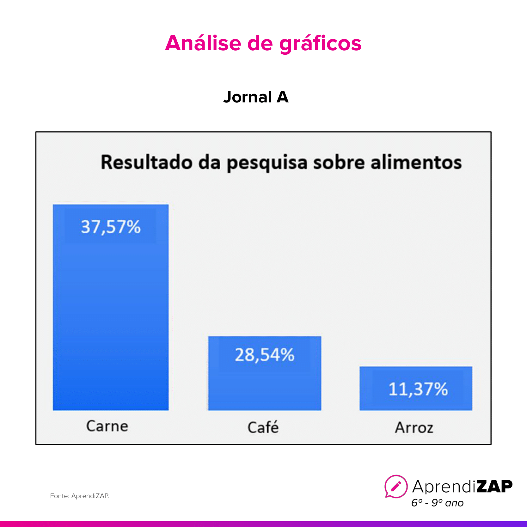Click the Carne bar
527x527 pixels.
(x=111, y=316)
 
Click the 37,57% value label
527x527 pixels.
(x=111, y=227)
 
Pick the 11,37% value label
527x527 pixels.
(x=418, y=389)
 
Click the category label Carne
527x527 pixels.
(x=107, y=426)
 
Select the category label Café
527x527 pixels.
(x=263, y=427)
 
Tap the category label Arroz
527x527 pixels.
(x=414, y=428)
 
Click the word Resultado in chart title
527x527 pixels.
(x=146, y=162)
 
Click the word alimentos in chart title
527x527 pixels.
(x=416, y=162)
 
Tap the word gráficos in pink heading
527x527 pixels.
(x=320, y=44)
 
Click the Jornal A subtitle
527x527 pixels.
(x=256, y=97)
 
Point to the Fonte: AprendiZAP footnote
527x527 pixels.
(x=80, y=496)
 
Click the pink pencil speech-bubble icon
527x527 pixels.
(x=396, y=486)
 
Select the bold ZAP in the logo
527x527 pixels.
(x=494, y=486)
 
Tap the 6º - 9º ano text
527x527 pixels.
(x=437, y=503)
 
